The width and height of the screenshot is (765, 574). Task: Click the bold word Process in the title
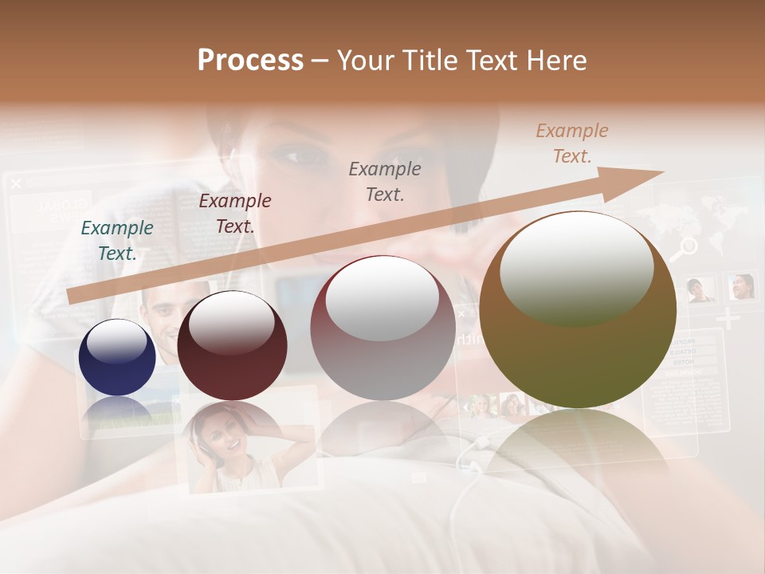[x=250, y=60]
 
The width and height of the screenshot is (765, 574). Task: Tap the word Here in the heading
[x=556, y=60]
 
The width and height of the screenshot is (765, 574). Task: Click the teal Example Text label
[x=117, y=241]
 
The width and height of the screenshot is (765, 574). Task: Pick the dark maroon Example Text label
[x=234, y=214]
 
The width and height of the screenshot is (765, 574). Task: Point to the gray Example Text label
[x=385, y=181]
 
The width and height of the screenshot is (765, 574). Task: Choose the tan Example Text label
[x=571, y=143]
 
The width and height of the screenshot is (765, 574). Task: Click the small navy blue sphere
[x=117, y=357]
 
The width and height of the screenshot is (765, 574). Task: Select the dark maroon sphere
[x=232, y=346]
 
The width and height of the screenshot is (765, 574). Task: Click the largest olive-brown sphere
[x=578, y=311]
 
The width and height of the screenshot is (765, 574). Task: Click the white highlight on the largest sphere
[x=576, y=267]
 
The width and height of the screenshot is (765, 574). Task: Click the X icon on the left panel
[x=16, y=184]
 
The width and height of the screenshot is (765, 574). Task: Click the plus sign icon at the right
[x=728, y=319]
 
